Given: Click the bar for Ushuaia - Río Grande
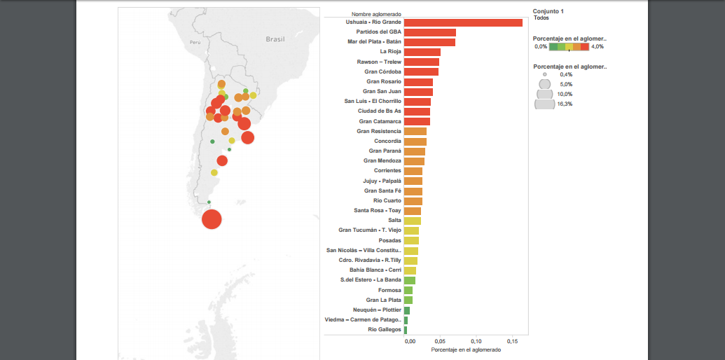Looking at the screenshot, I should (463, 22).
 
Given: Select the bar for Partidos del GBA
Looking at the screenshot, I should (430, 32).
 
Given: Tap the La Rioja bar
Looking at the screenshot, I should (422, 52).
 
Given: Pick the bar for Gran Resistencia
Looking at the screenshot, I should (415, 131).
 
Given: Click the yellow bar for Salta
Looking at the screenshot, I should (413, 221).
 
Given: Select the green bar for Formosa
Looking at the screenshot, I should (408, 290).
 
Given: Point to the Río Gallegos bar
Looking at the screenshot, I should (406, 330).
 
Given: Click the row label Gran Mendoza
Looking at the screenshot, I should (382, 161).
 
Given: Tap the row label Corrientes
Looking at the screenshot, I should (387, 171).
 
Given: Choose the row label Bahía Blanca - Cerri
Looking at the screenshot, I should (375, 270).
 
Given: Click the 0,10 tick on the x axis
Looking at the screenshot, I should (475, 341).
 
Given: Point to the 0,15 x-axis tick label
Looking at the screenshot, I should (512, 341).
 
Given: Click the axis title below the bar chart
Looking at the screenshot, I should (466, 349).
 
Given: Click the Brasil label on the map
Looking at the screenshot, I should (275, 40).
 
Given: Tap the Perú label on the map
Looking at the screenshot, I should (195, 42).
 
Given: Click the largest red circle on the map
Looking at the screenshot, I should (212, 219).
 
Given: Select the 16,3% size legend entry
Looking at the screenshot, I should (564, 104).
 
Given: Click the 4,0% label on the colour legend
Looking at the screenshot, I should (597, 46).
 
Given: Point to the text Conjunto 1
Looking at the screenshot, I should (548, 11).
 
